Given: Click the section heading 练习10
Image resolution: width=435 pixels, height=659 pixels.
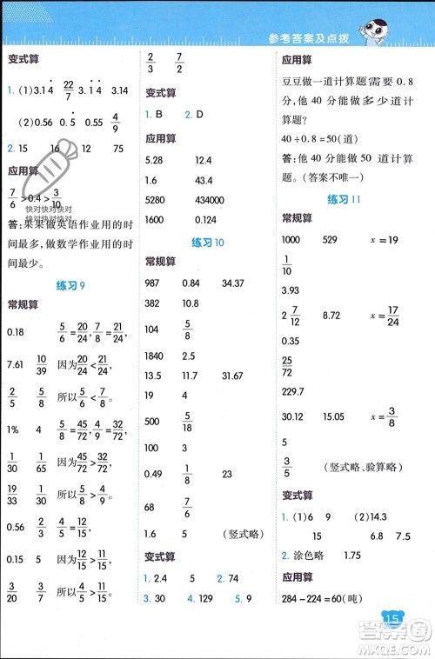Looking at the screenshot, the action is (209, 243).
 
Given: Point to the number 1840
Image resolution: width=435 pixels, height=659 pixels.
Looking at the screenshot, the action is (155, 348).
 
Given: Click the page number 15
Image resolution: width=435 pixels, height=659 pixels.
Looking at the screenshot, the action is (392, 617).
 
